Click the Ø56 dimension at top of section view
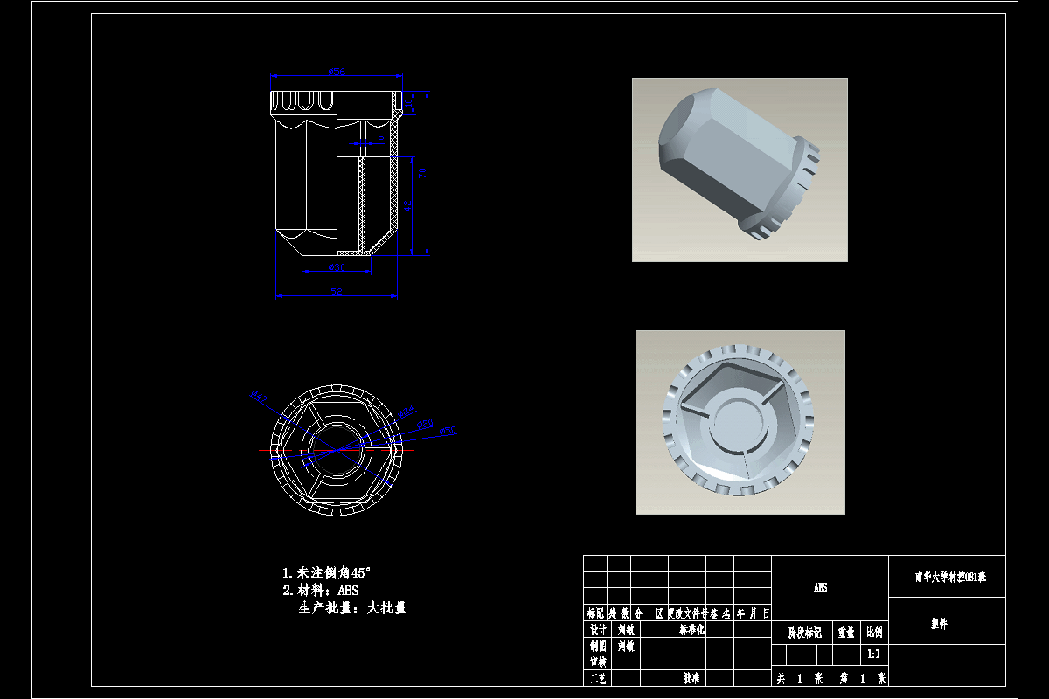pyautogui.click(x=337, y=70)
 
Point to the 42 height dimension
pyautogui.click(x=407, y=207)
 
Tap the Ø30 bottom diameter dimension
pyautogui.click(x=337, y=266)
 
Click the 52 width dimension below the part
pyautogui.click(x=337, y=291)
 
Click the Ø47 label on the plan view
pyautogui.click(x=259, y=398)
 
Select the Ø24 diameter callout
pyautogui.click(x=406, y=412)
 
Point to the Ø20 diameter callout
pyautogui.click(x=427, y=424)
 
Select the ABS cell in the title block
pyautogui.click(x=821, y=588)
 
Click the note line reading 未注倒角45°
pyautogui.click(x=326, y=573)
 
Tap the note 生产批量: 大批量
pyautogui.click(x=352, y=608)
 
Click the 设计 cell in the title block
pyautogui.click(x=597, y=630)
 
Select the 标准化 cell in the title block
pyautogui.click(x=691, y=630)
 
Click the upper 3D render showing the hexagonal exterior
pyautogui.click(x=740, y=170)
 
